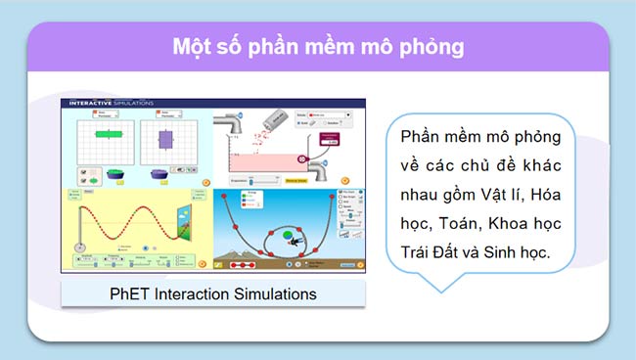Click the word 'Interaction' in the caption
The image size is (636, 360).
(192, 292)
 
